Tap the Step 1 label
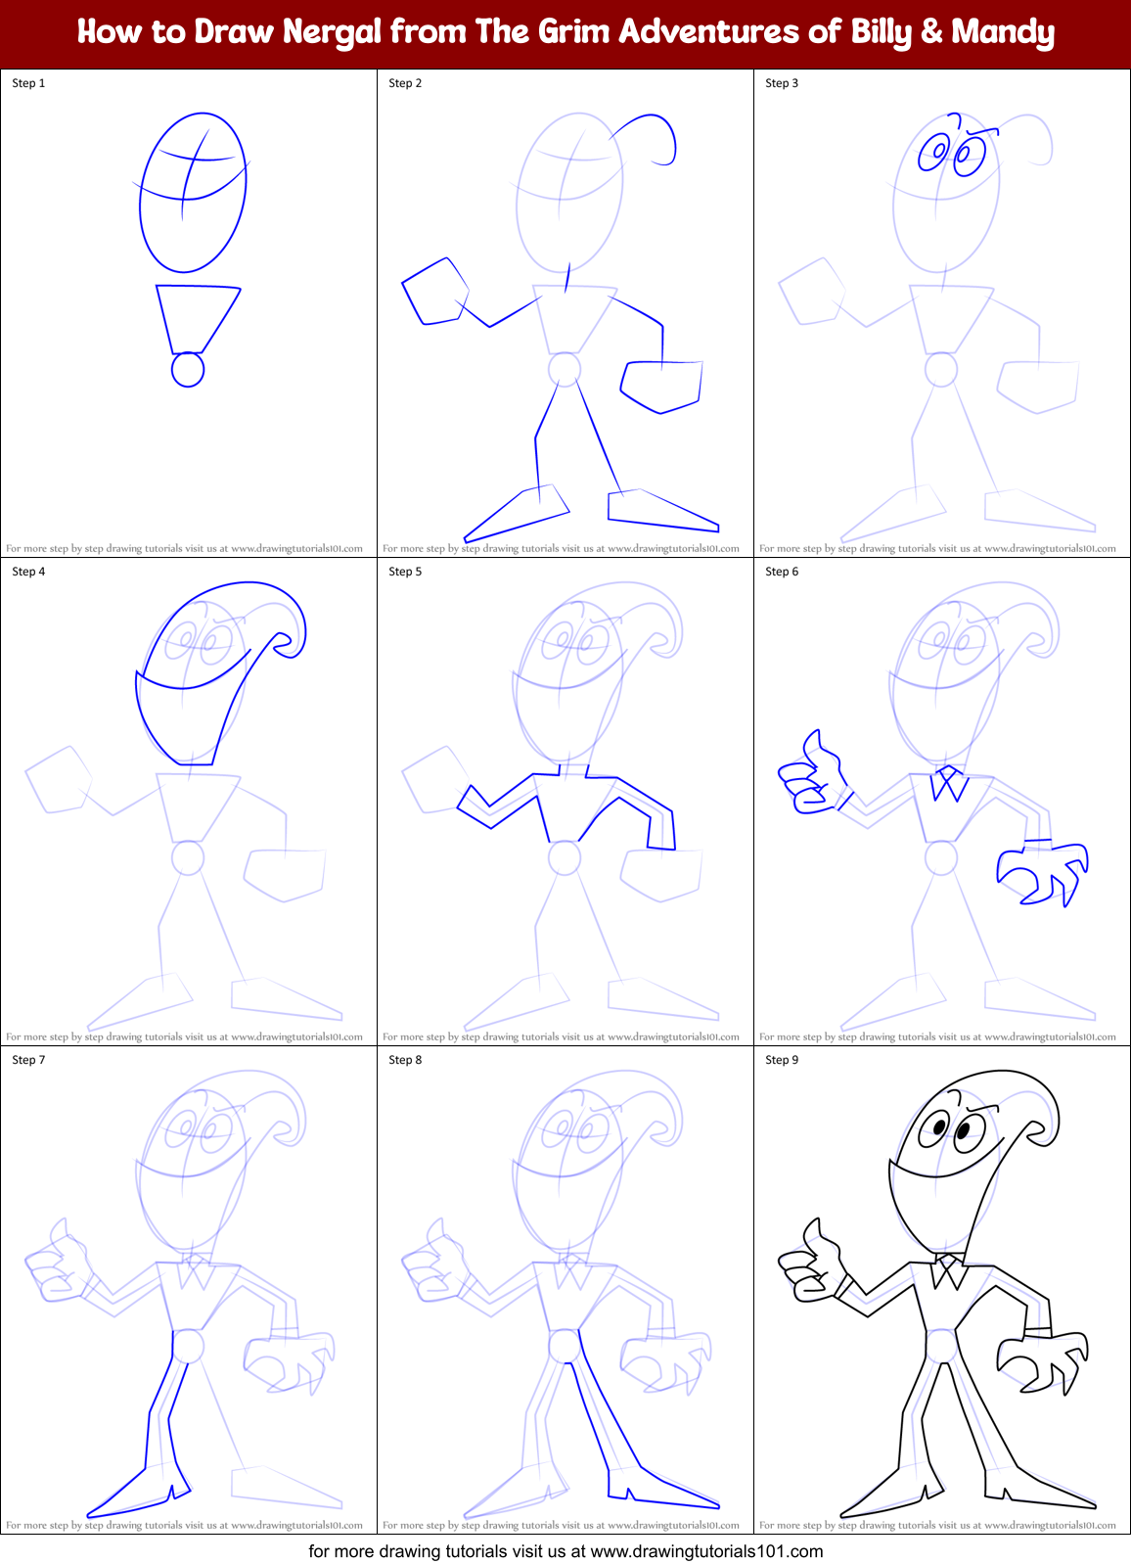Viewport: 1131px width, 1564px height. (28, 83)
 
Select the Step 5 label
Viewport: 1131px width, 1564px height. (405, 572)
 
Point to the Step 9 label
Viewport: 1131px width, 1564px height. (782, 1060)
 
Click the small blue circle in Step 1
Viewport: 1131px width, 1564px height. (188, 370)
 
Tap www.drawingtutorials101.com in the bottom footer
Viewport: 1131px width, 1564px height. (706, 1551)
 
